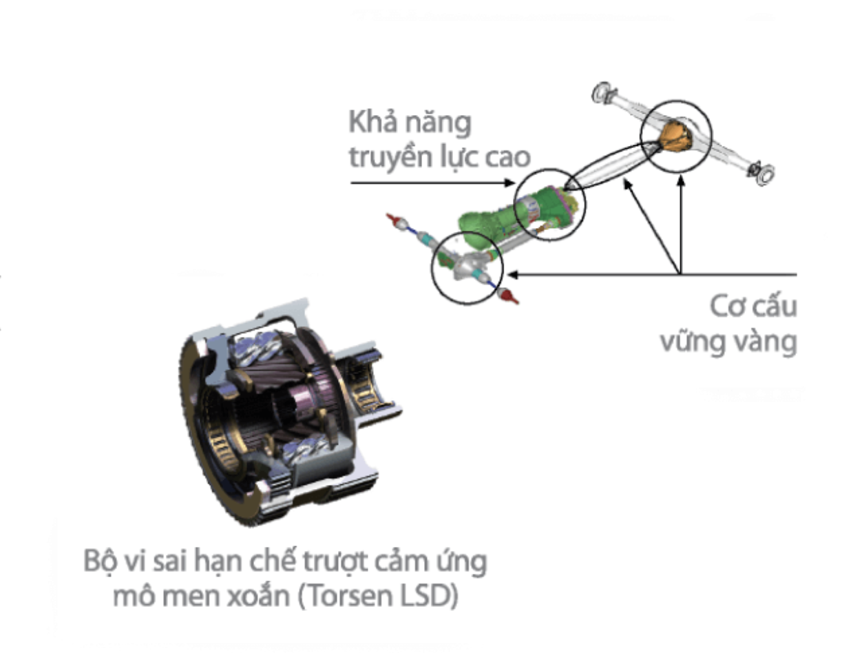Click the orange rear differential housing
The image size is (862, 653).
[675, 136]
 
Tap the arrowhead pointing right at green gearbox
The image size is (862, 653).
[509, 183]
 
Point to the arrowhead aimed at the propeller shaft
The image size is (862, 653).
[627, 184]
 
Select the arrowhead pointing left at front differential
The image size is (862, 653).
[512, 275]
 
